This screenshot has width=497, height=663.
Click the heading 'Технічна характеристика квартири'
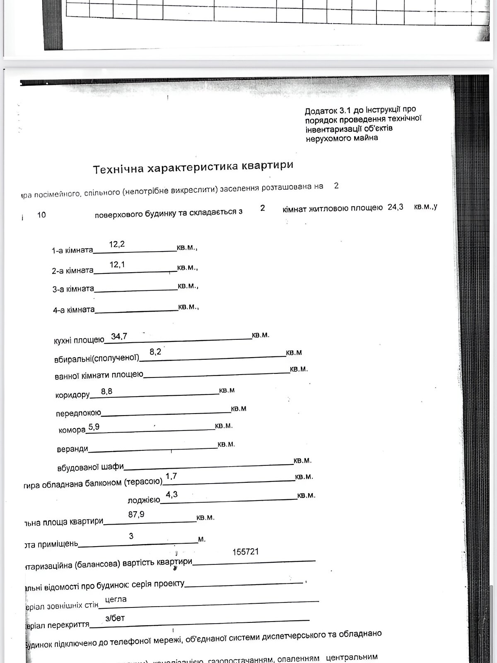pos(193,167)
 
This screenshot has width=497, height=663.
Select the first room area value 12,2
pos(117,244)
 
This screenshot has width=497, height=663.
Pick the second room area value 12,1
pos(117,264)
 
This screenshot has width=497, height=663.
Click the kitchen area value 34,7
pos(119,336)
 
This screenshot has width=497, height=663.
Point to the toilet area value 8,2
pos(155,352)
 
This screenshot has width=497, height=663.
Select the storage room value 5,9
pos(94,427)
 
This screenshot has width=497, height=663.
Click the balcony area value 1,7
pos(171,477)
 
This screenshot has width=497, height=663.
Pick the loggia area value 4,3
pos(171,494)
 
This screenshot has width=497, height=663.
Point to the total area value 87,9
pos(136,515)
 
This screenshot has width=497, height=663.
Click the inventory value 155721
pos(246,552)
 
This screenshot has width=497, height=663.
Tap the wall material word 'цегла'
pos(116,599)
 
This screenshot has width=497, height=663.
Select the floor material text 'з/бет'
pos(115,618)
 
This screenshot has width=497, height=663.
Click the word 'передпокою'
pos(78,414)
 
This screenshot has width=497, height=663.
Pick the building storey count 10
pos(41,215)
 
